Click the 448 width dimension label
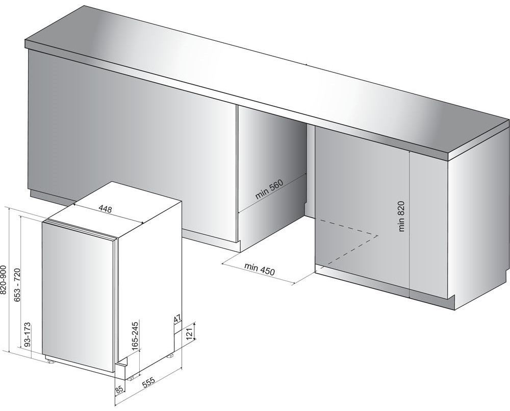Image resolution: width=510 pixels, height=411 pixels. coord(105,208)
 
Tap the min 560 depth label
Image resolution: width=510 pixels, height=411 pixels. coord(269,189)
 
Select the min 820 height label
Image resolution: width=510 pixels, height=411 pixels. coord(401,216)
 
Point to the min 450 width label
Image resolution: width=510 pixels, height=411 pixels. coord(260,269)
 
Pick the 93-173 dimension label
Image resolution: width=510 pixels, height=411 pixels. coord(28,335)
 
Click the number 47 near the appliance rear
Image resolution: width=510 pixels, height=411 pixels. coord(177,319)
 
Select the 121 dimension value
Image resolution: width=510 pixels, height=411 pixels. coord(190,333)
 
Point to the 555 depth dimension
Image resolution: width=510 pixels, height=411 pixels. coord(148,382)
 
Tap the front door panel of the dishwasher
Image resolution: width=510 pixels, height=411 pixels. coord(78,296)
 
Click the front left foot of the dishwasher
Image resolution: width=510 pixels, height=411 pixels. coord(50,360)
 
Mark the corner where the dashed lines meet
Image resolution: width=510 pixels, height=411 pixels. coord(377,235)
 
